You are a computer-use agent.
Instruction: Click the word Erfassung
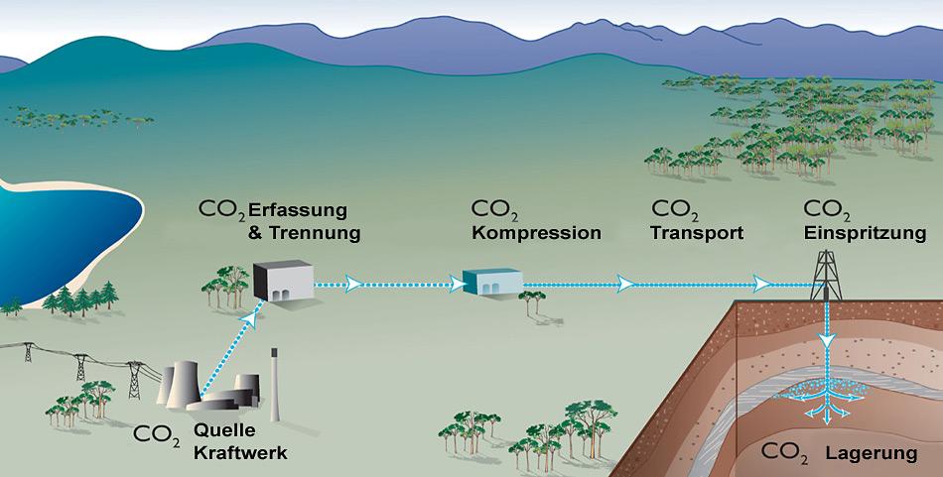297,210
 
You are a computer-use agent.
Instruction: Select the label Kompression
536,234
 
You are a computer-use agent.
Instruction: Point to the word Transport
697,234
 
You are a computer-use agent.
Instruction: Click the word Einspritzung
864,234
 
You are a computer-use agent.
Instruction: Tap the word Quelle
226,430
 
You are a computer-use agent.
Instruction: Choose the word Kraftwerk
241,453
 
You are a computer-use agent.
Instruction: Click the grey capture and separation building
281,281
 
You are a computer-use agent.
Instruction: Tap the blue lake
60,233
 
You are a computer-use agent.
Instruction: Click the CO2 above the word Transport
674,211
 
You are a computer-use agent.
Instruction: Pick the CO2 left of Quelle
157,433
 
